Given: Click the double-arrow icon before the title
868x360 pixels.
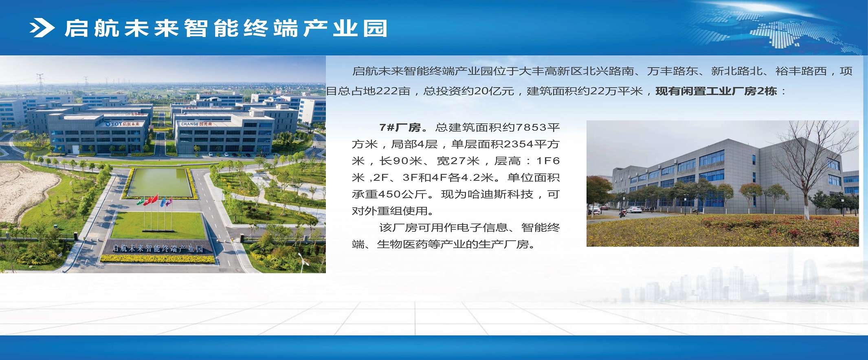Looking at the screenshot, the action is (42, 28).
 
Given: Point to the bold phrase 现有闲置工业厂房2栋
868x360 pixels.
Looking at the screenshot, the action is (716, 91).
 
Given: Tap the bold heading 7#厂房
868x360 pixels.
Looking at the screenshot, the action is (400, 127).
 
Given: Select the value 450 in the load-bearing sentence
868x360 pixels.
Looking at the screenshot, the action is (390, 194).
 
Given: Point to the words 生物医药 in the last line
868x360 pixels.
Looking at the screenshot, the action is (402, 244).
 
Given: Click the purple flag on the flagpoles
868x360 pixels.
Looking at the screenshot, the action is (169, 201).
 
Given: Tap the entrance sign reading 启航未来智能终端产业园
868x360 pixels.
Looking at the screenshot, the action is (157, 248).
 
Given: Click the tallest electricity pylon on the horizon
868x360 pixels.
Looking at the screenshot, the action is (40, 84).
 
